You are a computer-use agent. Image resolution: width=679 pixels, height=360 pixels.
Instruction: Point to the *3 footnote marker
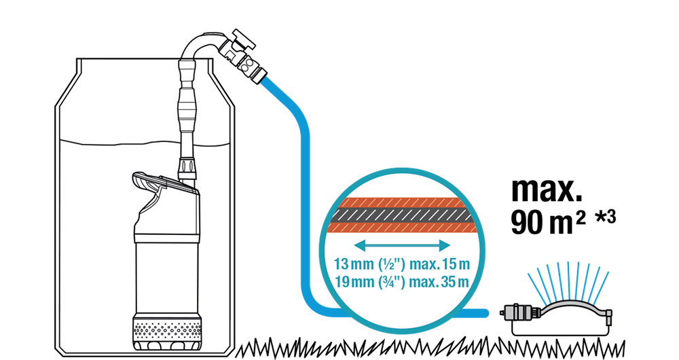pos(606,217)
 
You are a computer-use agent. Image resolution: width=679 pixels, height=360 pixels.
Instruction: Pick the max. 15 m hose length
pos(439,264)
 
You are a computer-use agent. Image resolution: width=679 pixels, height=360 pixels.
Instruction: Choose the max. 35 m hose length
pos(439,282)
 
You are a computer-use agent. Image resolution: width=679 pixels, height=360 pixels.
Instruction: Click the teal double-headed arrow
pos(403,246)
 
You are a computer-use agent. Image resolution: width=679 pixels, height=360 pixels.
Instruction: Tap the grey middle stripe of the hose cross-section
pos(402,216)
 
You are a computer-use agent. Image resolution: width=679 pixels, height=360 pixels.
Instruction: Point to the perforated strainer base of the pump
pos(167,331)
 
